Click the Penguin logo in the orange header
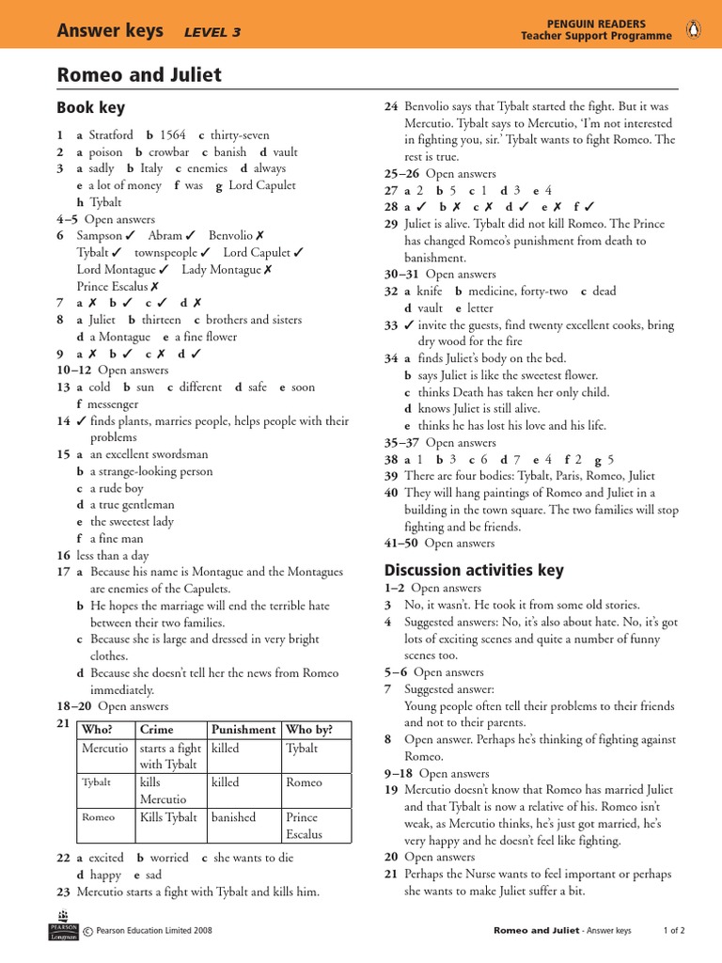[694, 29]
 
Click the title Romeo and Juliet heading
[139, 75]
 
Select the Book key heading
[90, 108]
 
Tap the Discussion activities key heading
[474, 570]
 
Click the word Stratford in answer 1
[111, 135]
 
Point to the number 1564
[174, 135]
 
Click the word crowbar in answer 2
[169, 152]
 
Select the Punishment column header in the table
[243, 730]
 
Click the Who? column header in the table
[98, 730]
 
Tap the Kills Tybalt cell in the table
[168, 817]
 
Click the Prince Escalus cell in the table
[304, 826]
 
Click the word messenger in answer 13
[114, 404]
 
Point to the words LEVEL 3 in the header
[212, 32]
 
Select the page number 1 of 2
[674, 931]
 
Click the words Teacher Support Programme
[597, 37]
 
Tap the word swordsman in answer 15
[179, 454]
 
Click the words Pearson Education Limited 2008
[153, 931]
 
